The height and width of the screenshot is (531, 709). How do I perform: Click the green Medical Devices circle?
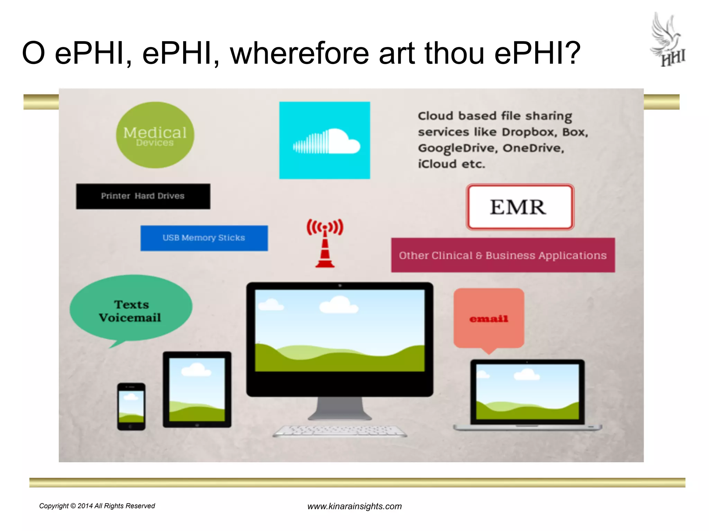coord(155,135)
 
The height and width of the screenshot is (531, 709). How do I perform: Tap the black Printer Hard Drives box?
coord(143,196)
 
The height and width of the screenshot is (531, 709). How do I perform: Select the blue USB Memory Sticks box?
coord(204,238)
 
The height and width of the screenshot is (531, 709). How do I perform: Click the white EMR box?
coord(520,207)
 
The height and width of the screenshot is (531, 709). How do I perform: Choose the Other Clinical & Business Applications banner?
coord(503,255)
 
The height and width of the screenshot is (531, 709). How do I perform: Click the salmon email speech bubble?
coord(488,318)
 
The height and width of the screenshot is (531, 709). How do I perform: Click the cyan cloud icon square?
coord(324,140)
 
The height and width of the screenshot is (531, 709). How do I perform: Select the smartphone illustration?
coord(131,406)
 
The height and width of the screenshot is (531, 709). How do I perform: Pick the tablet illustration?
coord(197,389)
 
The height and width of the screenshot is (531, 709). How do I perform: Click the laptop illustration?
coord(527,394)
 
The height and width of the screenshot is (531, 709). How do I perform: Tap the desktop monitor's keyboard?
coord(340,431)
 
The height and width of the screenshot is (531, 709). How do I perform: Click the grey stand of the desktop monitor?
coord(340,408)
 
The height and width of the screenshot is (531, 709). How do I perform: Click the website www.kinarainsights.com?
coord(354,506)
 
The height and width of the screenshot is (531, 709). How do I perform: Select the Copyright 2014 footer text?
coord(97,506)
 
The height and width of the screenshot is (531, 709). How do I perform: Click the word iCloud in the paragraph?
coord(437,164)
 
